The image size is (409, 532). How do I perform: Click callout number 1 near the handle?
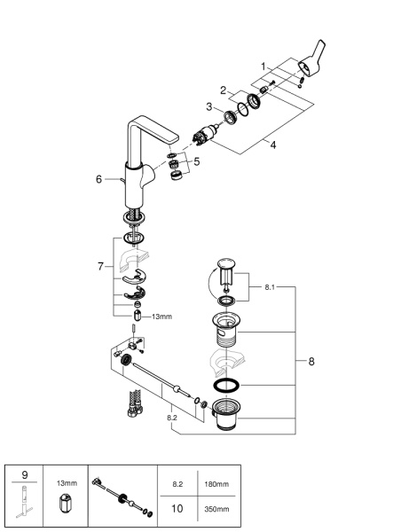(x=263, y=66)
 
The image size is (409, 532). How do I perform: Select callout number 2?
(x=225, y=90)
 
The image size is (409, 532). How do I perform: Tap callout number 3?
(x=210, y=107)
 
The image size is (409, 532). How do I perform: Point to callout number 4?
(x=272, y=145)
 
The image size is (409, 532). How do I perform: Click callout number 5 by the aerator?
(x=197, y=162)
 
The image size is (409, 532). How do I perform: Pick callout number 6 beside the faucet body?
(x=99, y=179)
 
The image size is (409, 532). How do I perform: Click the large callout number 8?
(x=310, y=361)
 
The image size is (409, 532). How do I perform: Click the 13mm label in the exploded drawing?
(x=163, y=316)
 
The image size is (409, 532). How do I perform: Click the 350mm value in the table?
(x=216, y=509)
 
